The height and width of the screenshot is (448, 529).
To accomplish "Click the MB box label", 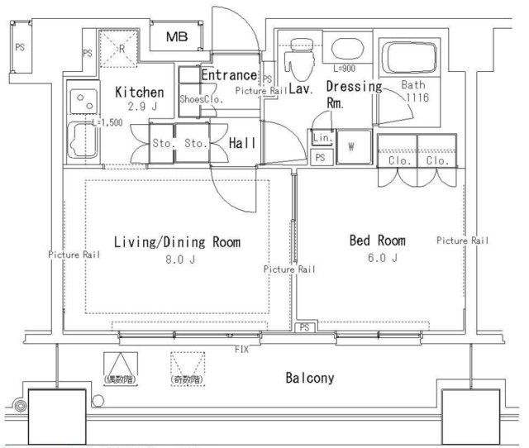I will (x=178, y=37).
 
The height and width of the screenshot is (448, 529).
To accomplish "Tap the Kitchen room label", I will (x=139, y=92).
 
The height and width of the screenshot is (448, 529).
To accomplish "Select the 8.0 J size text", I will (x=177, y=258).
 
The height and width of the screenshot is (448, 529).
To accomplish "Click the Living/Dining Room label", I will (x=177, y=242).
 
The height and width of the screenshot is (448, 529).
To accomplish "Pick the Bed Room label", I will (x=378, y=241).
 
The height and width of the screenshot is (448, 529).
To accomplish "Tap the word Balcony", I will (x=310, y=379).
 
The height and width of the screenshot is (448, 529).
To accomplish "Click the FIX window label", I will (x=241, y=350).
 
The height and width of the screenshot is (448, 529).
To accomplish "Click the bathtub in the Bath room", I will (x=407, y=60).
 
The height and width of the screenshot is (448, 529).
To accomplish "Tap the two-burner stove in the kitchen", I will (x=83, y=100).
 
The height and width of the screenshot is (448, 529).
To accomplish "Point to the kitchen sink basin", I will (x=81, y=141).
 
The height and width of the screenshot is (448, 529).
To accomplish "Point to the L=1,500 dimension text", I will (x=107, y=122).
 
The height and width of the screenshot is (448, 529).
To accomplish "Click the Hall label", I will (x=243, y=143).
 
